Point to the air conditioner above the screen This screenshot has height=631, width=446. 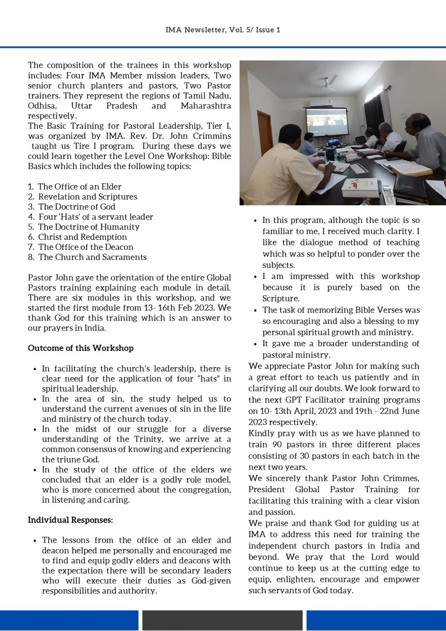pos(321,103)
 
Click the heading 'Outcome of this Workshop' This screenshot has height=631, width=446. pos(81,348)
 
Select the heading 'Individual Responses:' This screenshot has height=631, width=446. pos(70,520)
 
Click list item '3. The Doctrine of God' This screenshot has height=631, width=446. pos(72,207)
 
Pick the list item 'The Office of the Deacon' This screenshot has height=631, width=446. pos(85,247)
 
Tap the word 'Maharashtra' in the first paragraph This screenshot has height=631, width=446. pos(206,106)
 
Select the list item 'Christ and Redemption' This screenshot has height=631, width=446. pos(82,237)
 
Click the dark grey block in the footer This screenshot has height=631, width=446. pos(222,620)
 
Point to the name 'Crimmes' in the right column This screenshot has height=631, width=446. pos(401,479)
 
